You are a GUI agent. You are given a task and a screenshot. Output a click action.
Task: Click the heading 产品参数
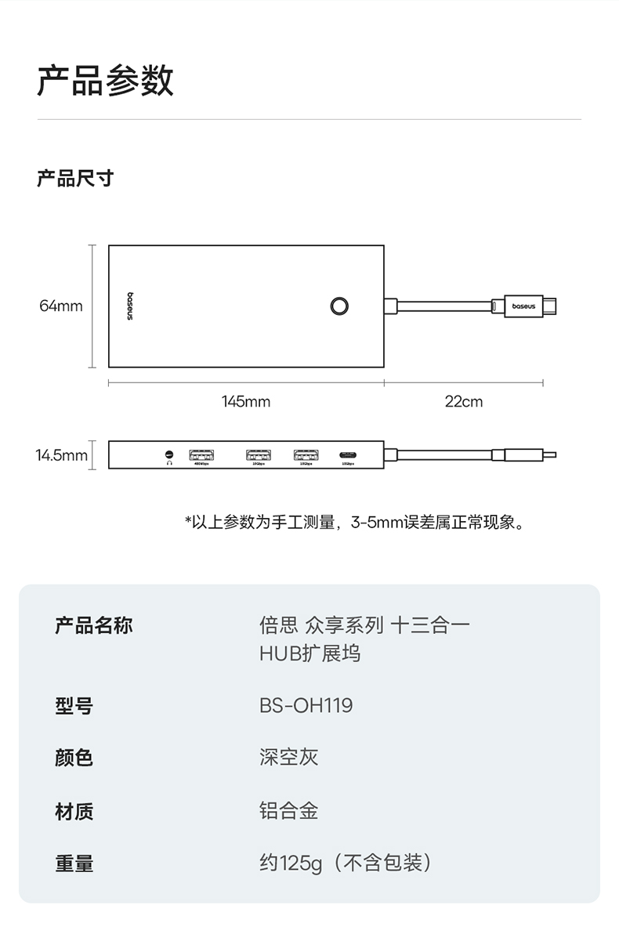tap(106, 81)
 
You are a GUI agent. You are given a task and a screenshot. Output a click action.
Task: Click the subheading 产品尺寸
tap(75, 179)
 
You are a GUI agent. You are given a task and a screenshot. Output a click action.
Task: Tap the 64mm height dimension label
tap(61, 306)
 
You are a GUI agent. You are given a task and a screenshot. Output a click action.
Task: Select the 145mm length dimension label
tap(246, 402)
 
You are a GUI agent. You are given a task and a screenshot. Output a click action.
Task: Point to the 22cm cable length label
tap(464, 402)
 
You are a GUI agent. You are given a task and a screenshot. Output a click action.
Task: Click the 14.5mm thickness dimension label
tap(61, 454)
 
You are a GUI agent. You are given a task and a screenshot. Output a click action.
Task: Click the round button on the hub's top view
tap(338, 306)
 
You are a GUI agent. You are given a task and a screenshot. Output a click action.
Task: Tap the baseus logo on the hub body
tap(130, 306)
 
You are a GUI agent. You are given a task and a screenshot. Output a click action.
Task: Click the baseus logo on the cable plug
tap(523, 306)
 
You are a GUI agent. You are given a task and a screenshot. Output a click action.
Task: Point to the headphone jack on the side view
tap(168, 453)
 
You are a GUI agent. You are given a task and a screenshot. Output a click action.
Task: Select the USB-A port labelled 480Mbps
tap(201, 454)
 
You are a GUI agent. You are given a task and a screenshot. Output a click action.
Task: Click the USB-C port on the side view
tap(348, 454)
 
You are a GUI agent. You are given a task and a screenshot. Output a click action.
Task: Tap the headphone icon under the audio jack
tap(168, 463)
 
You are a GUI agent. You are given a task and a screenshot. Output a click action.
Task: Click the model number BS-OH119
tap(306, 705)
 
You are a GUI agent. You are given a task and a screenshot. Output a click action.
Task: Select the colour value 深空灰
tap(288, 757)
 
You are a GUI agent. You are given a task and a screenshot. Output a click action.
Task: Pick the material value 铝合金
tap(288, 810)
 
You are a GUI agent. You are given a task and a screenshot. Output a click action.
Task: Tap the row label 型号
tap(74, 706)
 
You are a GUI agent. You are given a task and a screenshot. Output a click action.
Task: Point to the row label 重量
tap(74, 863)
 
